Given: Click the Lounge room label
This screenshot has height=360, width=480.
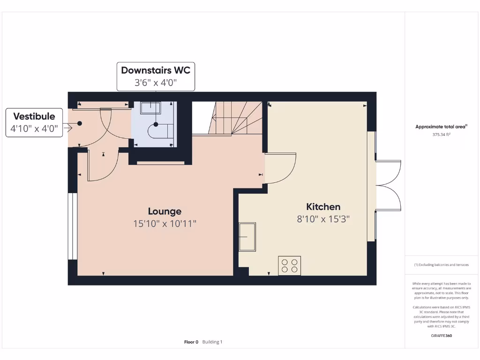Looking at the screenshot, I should [165, 211].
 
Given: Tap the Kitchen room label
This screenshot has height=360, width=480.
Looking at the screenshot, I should [323, 207].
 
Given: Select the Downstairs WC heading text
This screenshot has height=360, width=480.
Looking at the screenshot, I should [156, 70].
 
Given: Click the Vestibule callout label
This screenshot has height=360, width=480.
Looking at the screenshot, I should [34, 116].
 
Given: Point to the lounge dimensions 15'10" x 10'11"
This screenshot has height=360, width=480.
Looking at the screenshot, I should [165, 224].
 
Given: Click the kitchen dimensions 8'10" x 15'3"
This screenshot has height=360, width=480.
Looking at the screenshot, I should [323, 219].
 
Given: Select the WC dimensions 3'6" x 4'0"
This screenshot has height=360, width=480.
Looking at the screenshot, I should [156, 83].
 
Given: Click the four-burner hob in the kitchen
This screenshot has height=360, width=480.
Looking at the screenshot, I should [290, 266].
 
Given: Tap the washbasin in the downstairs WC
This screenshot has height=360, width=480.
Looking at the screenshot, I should [151, 108].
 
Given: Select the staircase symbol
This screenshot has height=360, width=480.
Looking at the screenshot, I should [230, 120].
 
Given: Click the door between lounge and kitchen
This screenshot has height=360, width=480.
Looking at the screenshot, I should [280, 168].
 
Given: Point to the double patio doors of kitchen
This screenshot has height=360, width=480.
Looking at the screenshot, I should [388, 185].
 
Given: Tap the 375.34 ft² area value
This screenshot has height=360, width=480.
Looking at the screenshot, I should [441, 135].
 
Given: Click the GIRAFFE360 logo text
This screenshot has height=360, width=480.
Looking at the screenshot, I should [441, 336].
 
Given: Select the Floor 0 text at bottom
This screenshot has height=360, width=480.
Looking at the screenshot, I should [191, 342].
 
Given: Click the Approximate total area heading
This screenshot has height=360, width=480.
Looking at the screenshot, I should [441, 127].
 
